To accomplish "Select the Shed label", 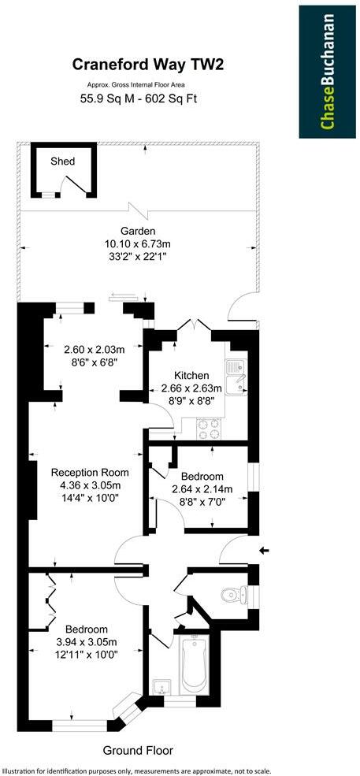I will tap(63, 162).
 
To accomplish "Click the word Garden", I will tap(137, 231).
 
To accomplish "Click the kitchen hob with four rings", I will tap(210, 428).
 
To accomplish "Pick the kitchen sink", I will tap(235, 375).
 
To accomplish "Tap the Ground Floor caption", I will tap(138, 751).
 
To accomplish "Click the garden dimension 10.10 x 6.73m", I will tap(138, 243).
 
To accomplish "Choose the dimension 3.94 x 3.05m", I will tap(85, 642).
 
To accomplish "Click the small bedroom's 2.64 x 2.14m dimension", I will tap(202, 489).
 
